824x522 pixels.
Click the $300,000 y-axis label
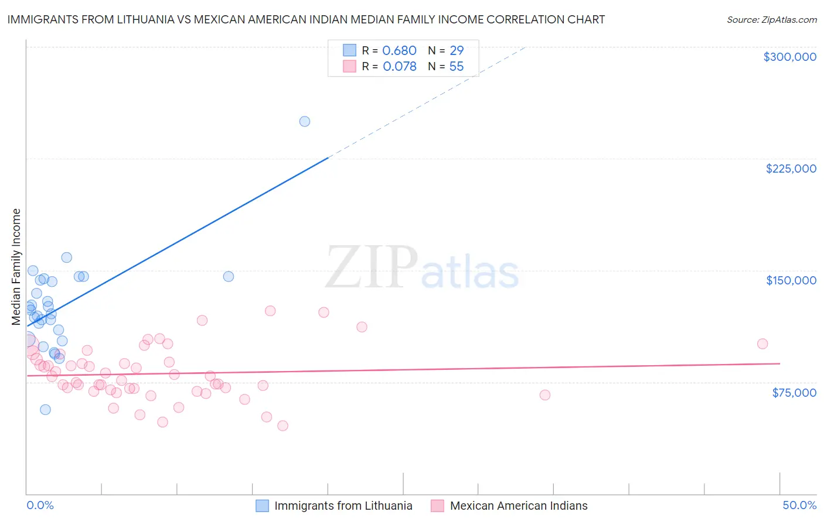789,57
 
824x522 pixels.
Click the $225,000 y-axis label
791,169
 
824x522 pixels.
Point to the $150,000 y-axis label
791,280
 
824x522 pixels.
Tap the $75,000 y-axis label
794,393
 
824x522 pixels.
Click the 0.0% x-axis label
40,505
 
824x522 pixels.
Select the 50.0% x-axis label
799,505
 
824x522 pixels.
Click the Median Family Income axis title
16,267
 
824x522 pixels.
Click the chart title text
306,19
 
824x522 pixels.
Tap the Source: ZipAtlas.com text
771,20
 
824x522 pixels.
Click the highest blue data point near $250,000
305,122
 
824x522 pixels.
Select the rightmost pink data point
762,344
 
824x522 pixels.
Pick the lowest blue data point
45,410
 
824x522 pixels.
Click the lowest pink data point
282,426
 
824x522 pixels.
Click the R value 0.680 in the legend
399,51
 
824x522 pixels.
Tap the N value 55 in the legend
456,67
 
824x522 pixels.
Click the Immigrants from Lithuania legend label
343,506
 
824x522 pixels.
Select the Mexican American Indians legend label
518,506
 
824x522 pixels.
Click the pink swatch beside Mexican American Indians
437,506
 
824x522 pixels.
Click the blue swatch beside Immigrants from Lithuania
262,506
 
